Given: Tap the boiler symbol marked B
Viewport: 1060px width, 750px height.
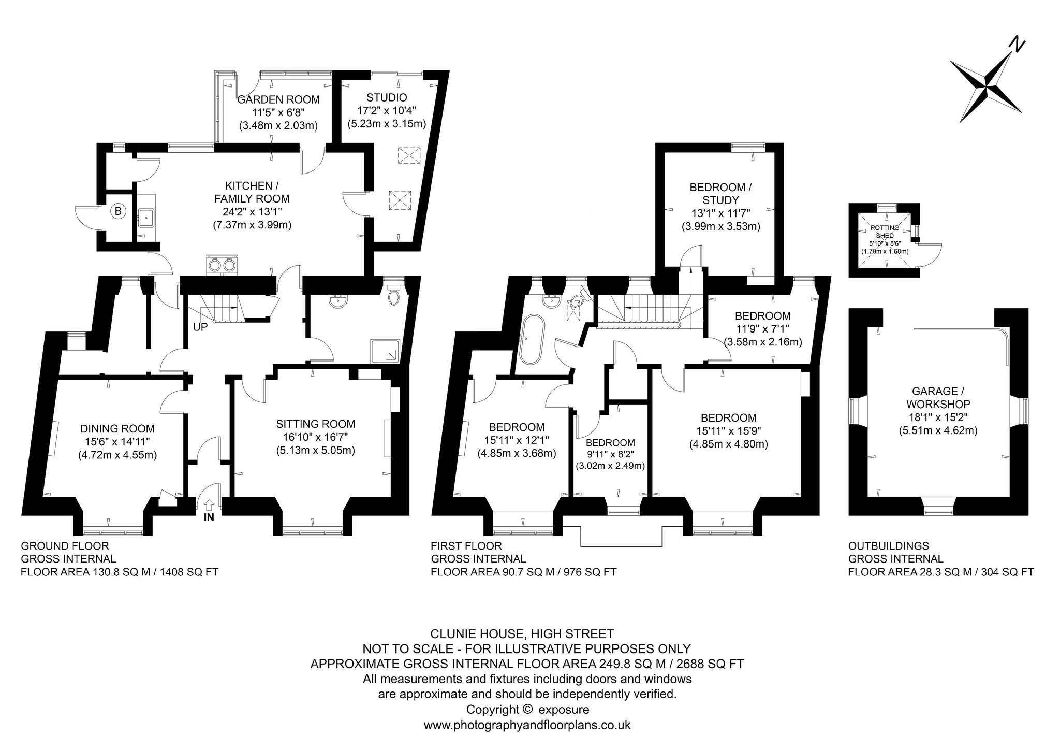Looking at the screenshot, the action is [119, 211].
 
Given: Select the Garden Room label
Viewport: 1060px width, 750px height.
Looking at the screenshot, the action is [278, 99].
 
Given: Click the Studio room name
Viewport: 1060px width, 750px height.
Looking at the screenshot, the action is [387, 97].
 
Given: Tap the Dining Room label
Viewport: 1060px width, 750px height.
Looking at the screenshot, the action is [117, 428].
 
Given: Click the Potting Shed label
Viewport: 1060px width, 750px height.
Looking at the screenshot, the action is [885, 232].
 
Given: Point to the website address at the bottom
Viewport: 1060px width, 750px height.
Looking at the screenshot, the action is [527, 740].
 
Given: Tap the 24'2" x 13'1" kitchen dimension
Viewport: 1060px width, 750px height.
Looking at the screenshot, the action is [252, 212].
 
